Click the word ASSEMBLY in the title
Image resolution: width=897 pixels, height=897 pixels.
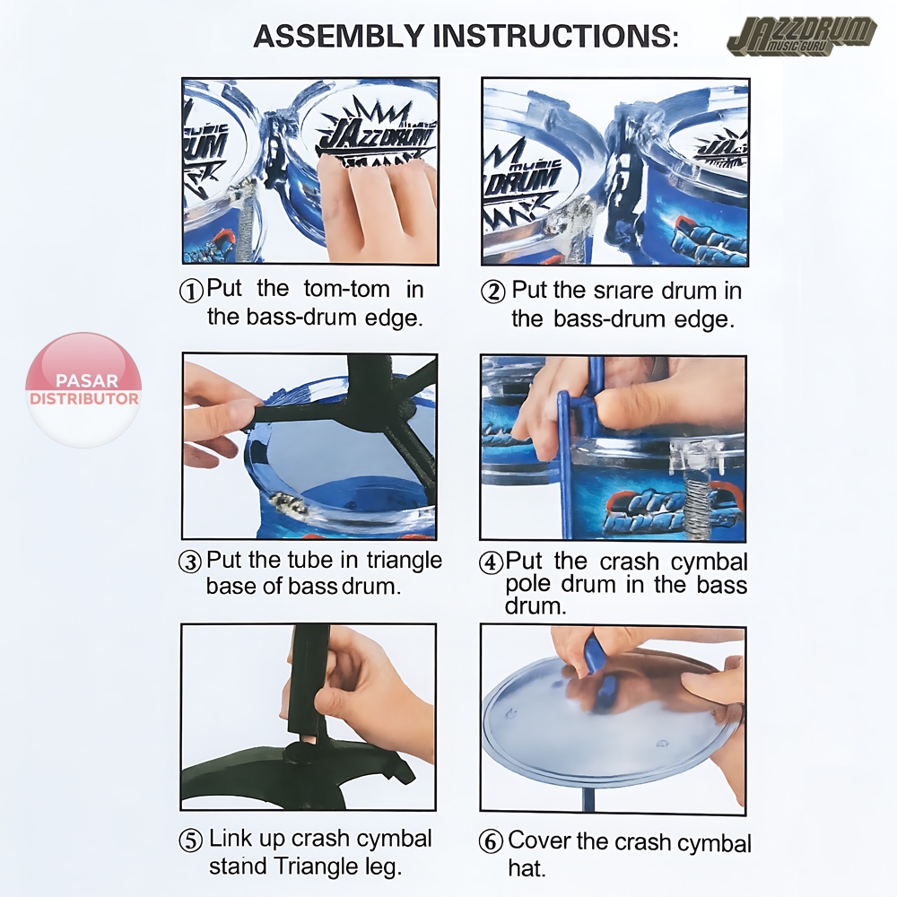coord(339,37)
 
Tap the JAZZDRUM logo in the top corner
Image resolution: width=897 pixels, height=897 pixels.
coord(802,37)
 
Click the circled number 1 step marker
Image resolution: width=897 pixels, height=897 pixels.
coord(191,292)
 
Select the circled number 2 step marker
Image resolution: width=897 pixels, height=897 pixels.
coord(493,292)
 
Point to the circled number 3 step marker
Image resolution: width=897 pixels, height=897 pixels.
coord(190,562)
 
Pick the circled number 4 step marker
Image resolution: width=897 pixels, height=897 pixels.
coord(491,563)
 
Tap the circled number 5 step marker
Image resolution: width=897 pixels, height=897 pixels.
coord(191,841)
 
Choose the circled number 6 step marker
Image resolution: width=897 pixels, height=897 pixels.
coord(491,842)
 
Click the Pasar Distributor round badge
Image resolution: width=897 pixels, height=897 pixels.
coord(83,389)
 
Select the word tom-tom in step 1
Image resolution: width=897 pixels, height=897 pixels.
coord(346,289)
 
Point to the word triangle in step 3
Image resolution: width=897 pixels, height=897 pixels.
coord(405,561)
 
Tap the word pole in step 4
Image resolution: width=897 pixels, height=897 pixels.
coord(527,585)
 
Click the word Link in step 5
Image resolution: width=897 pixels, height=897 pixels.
coord(230,839)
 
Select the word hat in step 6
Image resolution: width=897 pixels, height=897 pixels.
coord(527,868)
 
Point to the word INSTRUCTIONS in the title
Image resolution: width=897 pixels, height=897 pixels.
coord(555,37)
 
